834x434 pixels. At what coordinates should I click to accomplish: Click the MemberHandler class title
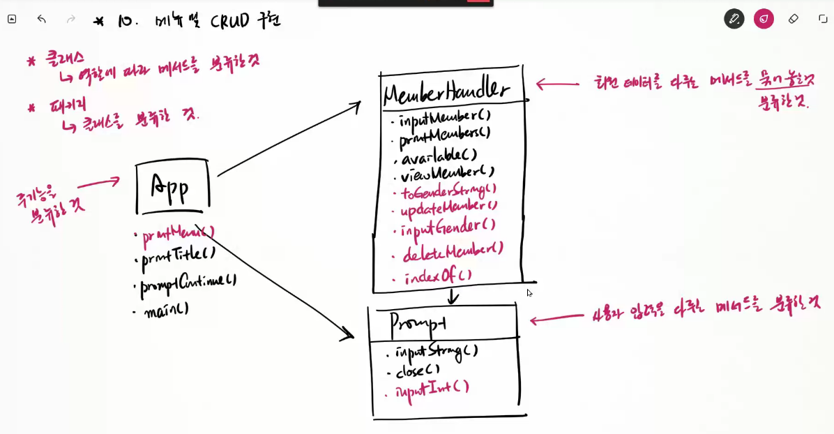point(447,90)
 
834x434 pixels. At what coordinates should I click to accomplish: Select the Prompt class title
point(418,323)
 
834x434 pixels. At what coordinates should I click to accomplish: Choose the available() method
point(439,154)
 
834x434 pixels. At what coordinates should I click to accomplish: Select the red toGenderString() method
point(448,190)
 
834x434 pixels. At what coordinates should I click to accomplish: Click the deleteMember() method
point(453,250)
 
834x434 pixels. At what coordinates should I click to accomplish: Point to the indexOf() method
point(438,276)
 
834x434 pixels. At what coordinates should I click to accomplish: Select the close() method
point(418,371)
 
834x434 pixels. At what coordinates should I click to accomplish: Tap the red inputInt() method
point(432,389)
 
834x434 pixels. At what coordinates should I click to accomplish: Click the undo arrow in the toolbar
point(42,19)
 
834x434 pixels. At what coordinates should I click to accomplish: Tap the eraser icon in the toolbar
point(793,19)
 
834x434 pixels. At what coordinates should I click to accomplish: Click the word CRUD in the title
point(229,22)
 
